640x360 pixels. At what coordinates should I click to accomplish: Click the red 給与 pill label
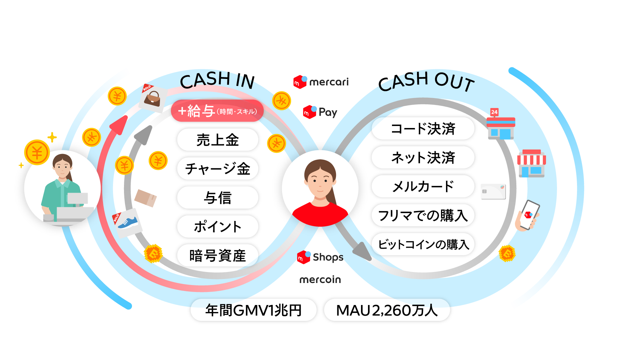[217, 111]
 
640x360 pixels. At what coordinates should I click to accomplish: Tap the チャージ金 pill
[218, 169]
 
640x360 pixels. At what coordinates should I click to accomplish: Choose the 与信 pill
[218, 198]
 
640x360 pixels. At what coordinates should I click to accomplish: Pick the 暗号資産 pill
[218, 256]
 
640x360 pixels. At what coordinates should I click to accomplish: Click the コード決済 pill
[423, 129]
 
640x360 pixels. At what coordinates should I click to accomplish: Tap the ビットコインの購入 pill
[423, 244]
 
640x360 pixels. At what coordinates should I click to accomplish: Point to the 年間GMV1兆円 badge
[253, 310]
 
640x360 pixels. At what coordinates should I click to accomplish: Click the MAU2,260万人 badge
[387, 310]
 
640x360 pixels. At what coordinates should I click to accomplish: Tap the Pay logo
[320, 112]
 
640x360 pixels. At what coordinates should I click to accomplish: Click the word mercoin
[320, 280]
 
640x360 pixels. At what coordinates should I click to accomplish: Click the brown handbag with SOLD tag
[153, 98]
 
